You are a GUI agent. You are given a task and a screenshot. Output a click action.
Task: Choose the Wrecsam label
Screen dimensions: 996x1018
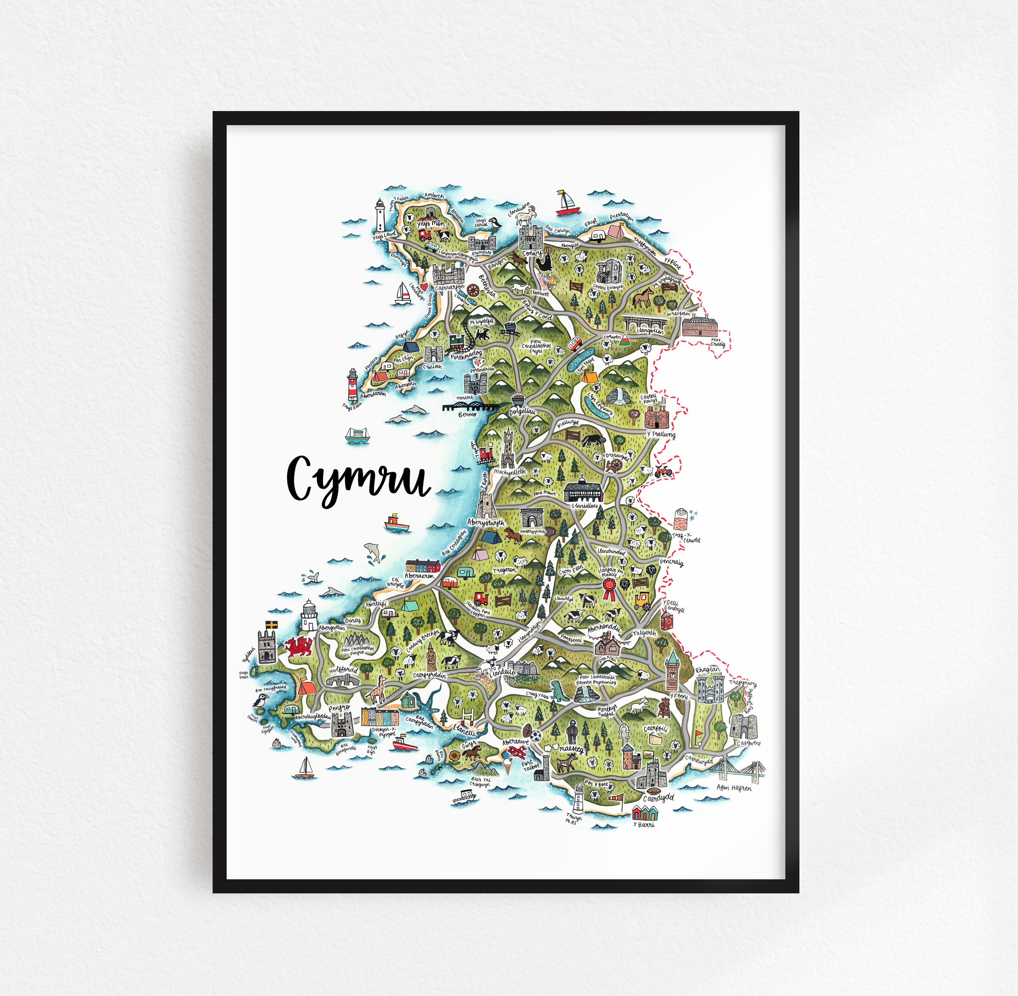[679, 315]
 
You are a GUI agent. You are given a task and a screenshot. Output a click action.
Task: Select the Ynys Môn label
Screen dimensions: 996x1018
[430, 224]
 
